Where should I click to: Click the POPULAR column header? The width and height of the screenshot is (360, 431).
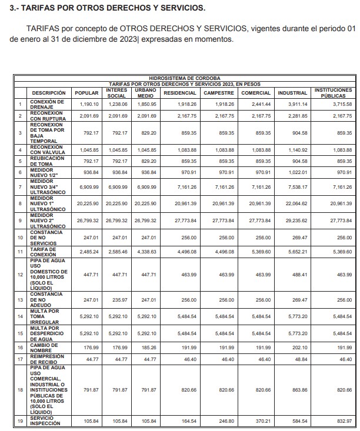tap(86, 93)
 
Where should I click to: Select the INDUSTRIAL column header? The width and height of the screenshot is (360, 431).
tap(292, 93)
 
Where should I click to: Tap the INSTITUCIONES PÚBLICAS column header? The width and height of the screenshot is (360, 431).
tap(334, 93)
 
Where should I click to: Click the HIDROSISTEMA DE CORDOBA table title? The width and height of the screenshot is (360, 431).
tap(185, 78)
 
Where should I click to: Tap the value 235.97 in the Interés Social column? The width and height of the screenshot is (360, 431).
tap(117, 299)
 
